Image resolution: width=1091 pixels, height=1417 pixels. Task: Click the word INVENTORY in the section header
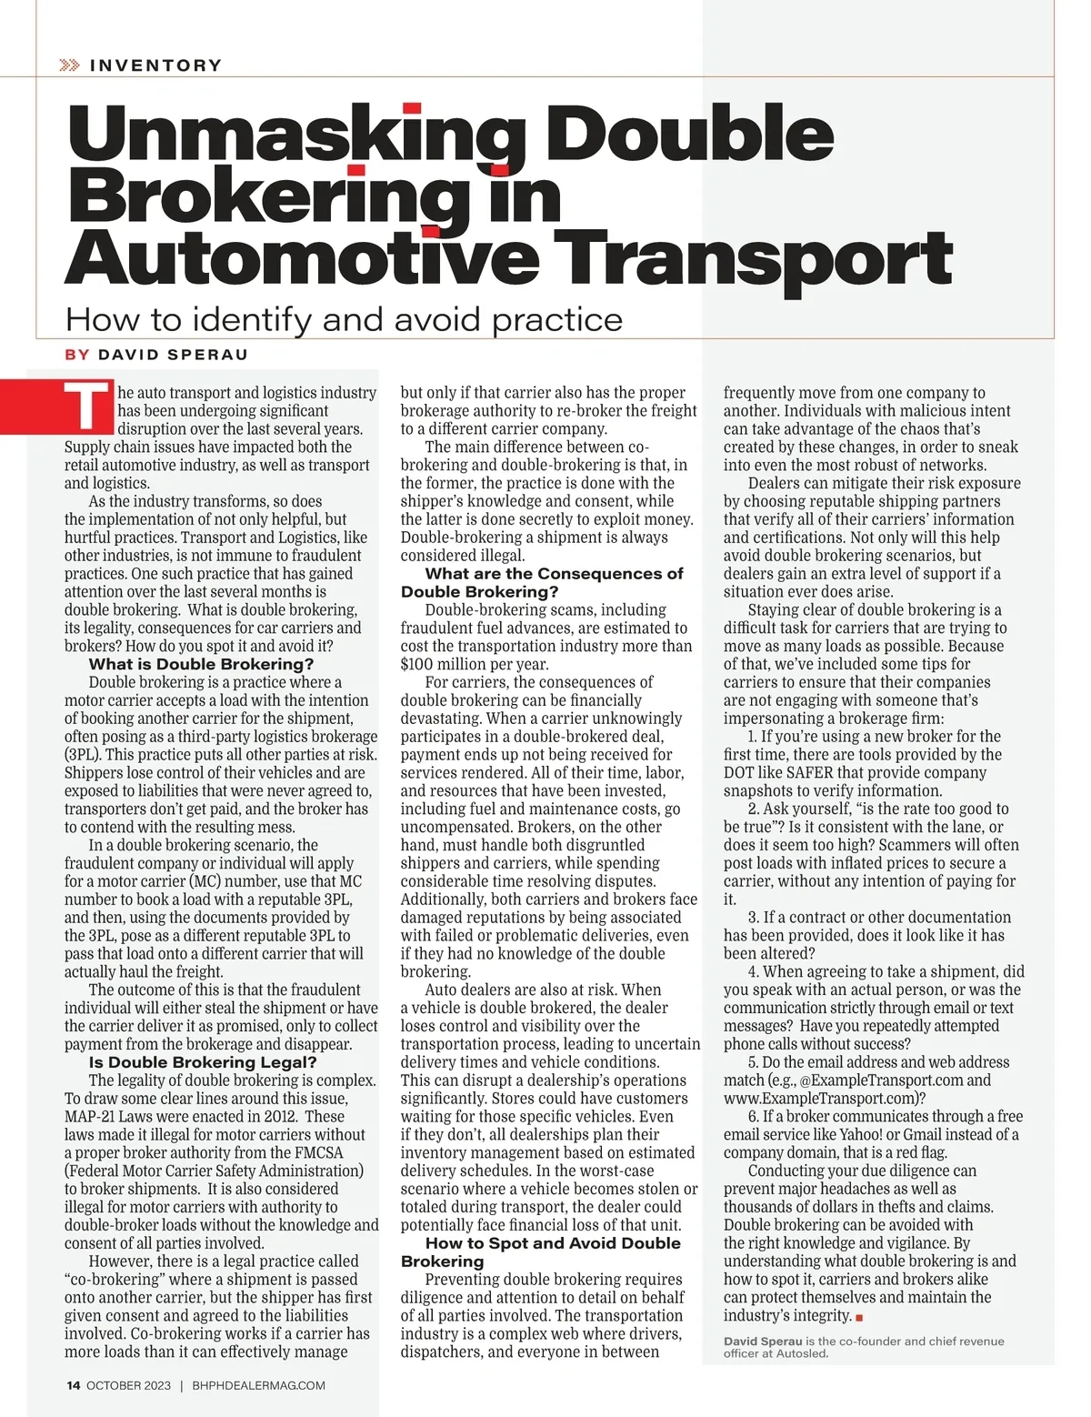coord(155,65)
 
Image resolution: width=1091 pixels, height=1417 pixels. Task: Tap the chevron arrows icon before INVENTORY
coord(69,65)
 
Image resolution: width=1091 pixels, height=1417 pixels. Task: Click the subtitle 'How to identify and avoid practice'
coord(344,320)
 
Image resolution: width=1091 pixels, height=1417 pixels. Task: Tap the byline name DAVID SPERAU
coord(173,355)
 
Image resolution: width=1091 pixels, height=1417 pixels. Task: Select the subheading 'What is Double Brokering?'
coord(201,664)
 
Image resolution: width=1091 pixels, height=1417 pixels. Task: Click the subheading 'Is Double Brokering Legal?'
coord(203,1062)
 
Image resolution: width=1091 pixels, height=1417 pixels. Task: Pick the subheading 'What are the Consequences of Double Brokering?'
coord(542,582)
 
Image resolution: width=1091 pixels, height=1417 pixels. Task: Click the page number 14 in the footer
coord(73,1385)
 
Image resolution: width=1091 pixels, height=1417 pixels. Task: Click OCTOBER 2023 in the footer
coord(128,1385)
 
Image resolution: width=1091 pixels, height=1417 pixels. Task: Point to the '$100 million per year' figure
coord(475,664)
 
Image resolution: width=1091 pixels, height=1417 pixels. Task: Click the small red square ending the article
coord(859,1317)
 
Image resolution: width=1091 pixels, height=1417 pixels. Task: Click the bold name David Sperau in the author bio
coord(763,1341)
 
